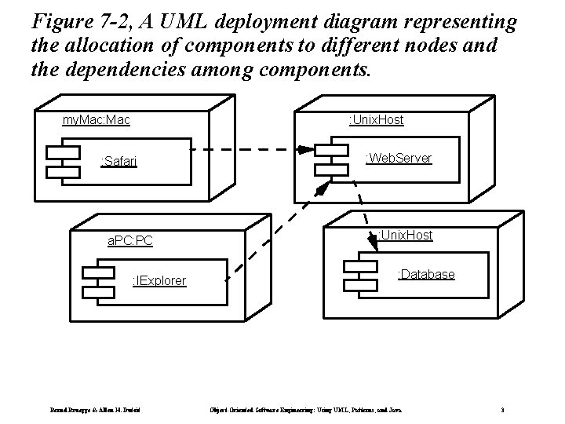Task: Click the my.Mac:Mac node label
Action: coord(97,120)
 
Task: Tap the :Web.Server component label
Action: coord(399,158)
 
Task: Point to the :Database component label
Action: coord(426,274)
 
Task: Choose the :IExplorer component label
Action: coord(159,280)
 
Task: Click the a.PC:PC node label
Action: coord(130,239)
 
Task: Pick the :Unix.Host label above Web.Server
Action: coord(376,119)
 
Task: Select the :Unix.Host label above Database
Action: coord(405,235)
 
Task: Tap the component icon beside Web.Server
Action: coord(331,159)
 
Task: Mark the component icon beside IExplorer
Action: coord(99,281)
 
